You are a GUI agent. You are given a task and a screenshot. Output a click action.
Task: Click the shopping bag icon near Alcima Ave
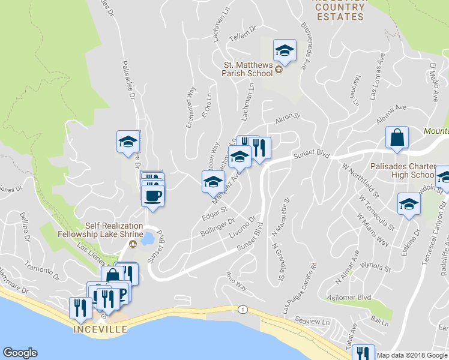tap(397, 138)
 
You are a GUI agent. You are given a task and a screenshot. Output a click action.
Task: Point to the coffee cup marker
tap(152, 195)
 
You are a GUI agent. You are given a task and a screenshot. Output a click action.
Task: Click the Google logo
tap(20, 353)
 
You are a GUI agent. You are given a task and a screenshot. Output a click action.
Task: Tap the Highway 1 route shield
tap(241, 309)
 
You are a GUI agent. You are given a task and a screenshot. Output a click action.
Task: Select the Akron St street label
tap(287, 122)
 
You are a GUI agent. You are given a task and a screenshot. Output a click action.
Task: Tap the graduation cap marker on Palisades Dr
tap(128, 142)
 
